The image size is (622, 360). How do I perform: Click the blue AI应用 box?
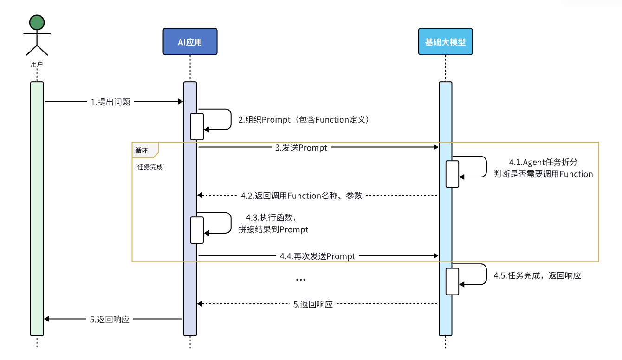pyautogui.click(x=190, y=42)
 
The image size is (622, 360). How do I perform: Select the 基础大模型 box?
pyautogui.click(x=446, y=42)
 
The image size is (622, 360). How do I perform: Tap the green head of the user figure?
pyautogui.click(x=37, y=22)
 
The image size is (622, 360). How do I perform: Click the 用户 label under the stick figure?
pyautogui.click(x=37, y=65)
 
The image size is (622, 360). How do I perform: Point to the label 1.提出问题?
pyautogui.click(x=110, y=102)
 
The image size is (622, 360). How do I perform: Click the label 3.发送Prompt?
pyautogui.click(x=301, y=148)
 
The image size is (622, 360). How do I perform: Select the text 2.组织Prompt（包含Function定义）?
pyautogui.click(x=304, y=120)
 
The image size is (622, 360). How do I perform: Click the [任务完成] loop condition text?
pyautogui.click(x=150, y=167)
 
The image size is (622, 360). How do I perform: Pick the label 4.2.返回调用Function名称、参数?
pyautogui.click(x=302, y=196)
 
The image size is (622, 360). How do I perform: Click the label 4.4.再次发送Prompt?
pyautogui.click(x=317, y=256)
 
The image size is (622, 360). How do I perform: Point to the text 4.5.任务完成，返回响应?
pyautogui.click(x=538, y=275)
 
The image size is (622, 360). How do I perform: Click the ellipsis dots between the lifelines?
pyautogui.click(x=301, y=280)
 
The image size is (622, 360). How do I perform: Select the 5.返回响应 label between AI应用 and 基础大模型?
pyautogui.click(x=313, y=304)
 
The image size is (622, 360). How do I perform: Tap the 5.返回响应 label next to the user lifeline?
pyautogui.click(x=110, y=320)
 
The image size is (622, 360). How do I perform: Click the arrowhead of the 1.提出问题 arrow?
pyautogui.click(x=181, y=102)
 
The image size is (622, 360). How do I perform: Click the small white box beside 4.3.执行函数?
pyautogui.click(x=197, y=230)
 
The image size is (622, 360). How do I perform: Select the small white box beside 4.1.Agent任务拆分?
pyautogui.click(x=452, y=174)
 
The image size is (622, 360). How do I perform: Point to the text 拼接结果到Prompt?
pyautogui.click(x=273, y=229)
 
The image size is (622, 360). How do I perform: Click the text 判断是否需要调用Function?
pyautogui.click(x=544, y=174)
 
